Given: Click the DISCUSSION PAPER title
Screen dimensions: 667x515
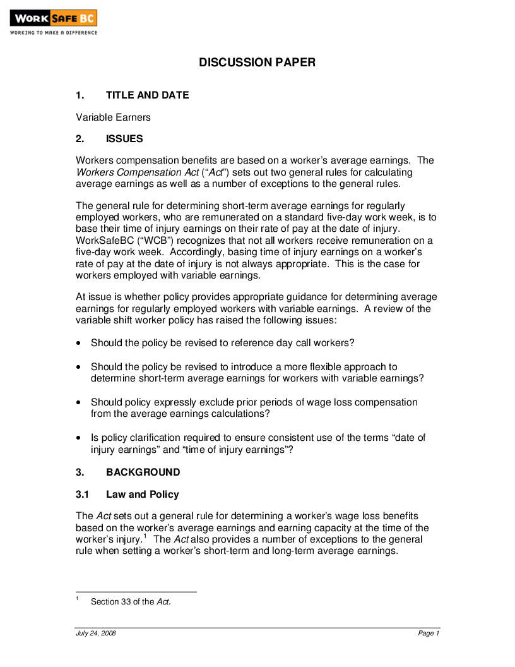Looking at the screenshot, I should [257, 63].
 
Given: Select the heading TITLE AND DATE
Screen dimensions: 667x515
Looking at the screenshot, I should [147, 95].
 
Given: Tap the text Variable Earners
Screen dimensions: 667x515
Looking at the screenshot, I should [113, 117].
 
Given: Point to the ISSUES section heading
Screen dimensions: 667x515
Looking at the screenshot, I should [124, 139].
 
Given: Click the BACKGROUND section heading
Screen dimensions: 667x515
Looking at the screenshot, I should [143, 472].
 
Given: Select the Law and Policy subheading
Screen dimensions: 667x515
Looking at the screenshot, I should [142, 495].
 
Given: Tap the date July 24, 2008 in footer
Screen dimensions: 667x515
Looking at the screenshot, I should [96, 634].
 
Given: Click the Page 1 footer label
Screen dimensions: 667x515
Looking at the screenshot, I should [429, 634].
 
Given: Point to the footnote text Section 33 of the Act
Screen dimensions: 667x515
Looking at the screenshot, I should [131, 602].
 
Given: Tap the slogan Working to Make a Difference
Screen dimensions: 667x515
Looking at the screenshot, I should [53, 33].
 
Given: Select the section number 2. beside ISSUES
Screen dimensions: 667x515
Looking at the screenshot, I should [80, 139].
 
